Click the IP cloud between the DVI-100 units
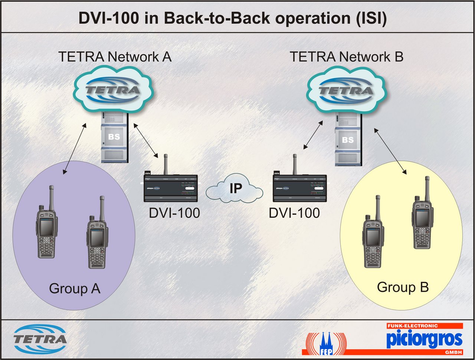click(x=235, y=189)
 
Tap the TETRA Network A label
click(x=115, y=57)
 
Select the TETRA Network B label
click(x=346, y=57)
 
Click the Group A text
click(x=75, y=288)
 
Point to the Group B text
click(x=403, y=287)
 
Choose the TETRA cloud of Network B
click(x=346, y=90)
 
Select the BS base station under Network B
click(x=347, y=141)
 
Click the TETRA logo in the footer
click(x=40, y=339)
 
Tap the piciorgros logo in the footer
click(x=424, y=339)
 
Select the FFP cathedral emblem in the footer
click(x=325, y=343)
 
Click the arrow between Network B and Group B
click(x=390, y=151)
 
